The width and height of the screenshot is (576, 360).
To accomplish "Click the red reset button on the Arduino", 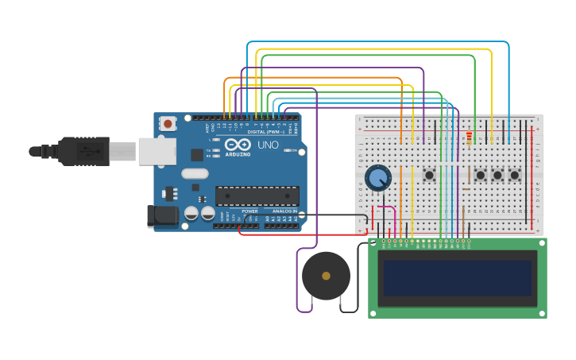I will [168, 123].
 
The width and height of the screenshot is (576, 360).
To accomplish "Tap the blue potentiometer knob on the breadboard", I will [378, 177].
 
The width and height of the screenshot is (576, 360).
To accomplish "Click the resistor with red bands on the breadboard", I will [469, 139].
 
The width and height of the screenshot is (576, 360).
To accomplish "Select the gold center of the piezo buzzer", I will [326, 276].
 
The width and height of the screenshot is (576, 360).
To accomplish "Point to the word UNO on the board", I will [268, 145].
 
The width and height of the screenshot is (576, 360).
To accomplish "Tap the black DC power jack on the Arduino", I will [163, 215].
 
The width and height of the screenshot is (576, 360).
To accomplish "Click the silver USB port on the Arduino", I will [157, 151].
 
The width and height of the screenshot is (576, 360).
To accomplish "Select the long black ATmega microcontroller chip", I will [257, 195].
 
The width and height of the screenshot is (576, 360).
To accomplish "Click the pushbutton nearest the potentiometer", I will [429, 175].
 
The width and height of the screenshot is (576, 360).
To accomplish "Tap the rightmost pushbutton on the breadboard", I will [515, 175].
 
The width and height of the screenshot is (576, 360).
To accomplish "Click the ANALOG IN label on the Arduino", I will [282, 211].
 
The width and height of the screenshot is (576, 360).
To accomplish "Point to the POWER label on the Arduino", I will [249, 211].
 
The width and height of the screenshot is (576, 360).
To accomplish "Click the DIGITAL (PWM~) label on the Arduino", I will [267, 132].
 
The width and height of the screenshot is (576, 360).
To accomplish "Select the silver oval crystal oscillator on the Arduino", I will [195, 173].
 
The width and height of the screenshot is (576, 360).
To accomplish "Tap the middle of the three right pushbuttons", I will [498, 175].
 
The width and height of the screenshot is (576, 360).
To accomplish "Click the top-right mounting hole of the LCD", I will [542, 242].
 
